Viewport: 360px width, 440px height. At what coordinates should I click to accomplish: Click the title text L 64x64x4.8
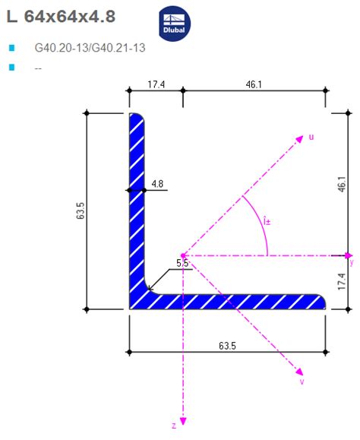tap(62, 16)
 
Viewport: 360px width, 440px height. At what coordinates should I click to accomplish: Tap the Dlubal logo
tap(175, 24)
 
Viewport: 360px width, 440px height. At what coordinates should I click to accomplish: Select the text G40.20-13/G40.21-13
tap(90, 48)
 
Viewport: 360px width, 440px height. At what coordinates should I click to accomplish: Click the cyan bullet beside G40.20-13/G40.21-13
tap(11, 48)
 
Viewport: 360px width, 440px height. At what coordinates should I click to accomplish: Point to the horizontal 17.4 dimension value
tap(155, 84)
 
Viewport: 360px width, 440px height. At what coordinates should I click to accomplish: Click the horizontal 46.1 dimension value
tap(254, 84)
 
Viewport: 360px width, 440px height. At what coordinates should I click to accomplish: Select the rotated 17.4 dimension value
tap(342, 282)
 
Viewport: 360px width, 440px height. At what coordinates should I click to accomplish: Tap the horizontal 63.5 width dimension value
tap(227, 346)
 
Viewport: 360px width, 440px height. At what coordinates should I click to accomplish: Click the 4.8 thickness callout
tap(157, 183)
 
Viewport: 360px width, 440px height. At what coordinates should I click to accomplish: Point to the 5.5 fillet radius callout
tap(183, 263)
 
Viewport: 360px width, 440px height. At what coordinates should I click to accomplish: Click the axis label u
tap(311, 137)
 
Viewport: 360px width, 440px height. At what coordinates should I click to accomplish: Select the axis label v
tap(302, 381)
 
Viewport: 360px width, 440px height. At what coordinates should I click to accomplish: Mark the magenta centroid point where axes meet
tap(183, 255)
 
